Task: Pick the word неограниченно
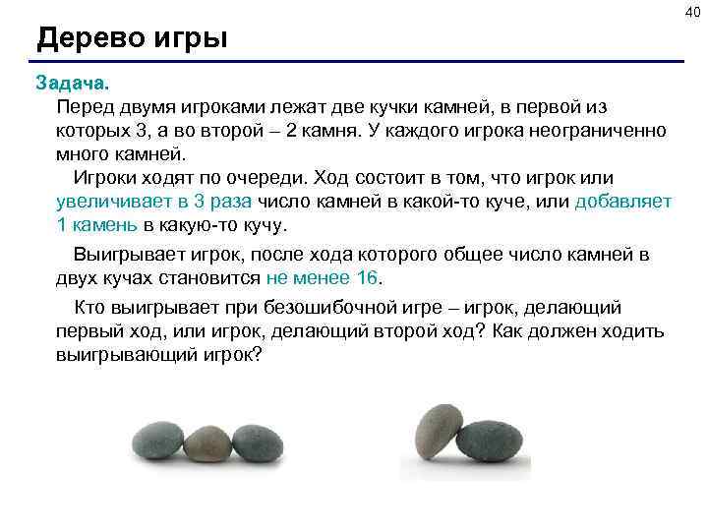pos(606,130)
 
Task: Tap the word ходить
pos(632,331)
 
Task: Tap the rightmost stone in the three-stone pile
pos(256,442)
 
